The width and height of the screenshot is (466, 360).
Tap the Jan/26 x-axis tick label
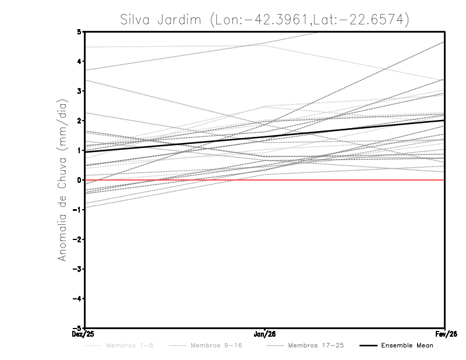click(265, 334)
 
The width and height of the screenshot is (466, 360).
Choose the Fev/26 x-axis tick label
click(445, 334)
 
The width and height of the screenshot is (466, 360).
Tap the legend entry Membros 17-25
click(316, 345)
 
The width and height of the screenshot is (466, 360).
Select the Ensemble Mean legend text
click(407, 345)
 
